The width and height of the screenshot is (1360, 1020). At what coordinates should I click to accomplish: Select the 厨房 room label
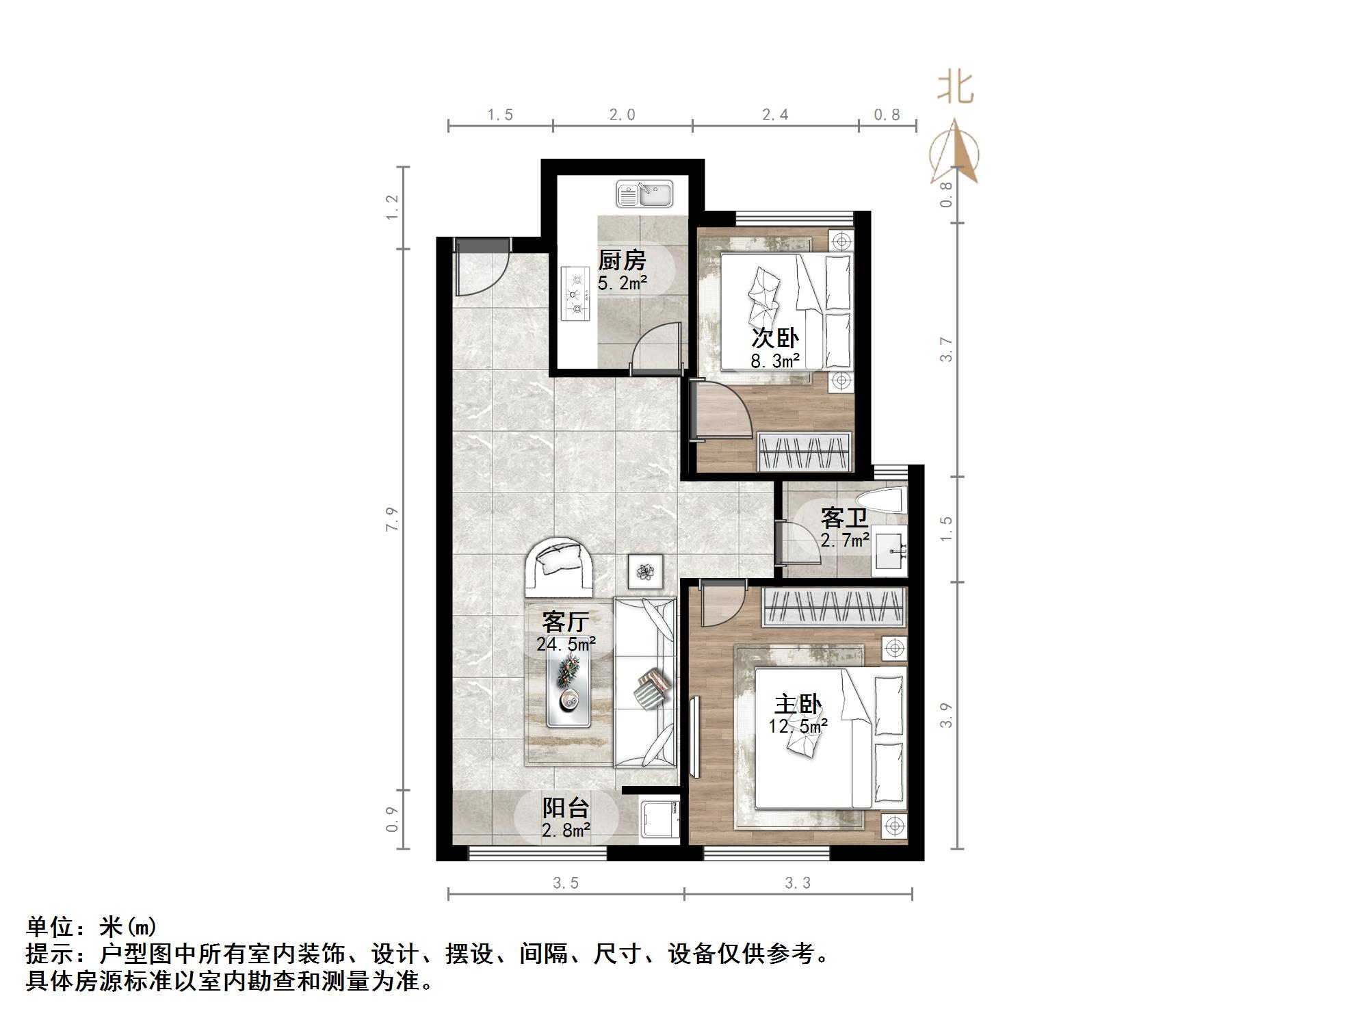[622, 261]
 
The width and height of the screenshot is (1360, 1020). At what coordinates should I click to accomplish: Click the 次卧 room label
[775, 338]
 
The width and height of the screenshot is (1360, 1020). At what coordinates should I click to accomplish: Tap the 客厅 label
[565, 621]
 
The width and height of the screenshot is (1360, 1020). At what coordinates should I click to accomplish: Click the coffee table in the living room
[569, 690]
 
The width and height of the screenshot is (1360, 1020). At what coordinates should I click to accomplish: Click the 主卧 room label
[798, 704]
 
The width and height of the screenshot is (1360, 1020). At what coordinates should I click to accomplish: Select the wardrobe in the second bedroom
[805, 452]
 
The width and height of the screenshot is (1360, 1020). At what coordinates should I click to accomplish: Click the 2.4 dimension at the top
[775, 115]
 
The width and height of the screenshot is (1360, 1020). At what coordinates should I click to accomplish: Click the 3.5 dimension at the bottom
[566, 883]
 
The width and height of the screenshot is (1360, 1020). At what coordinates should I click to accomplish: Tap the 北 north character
[955, 88]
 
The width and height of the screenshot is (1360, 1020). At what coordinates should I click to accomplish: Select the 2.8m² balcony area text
[566, 831]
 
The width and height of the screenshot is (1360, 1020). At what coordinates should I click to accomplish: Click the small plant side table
[645, 571]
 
